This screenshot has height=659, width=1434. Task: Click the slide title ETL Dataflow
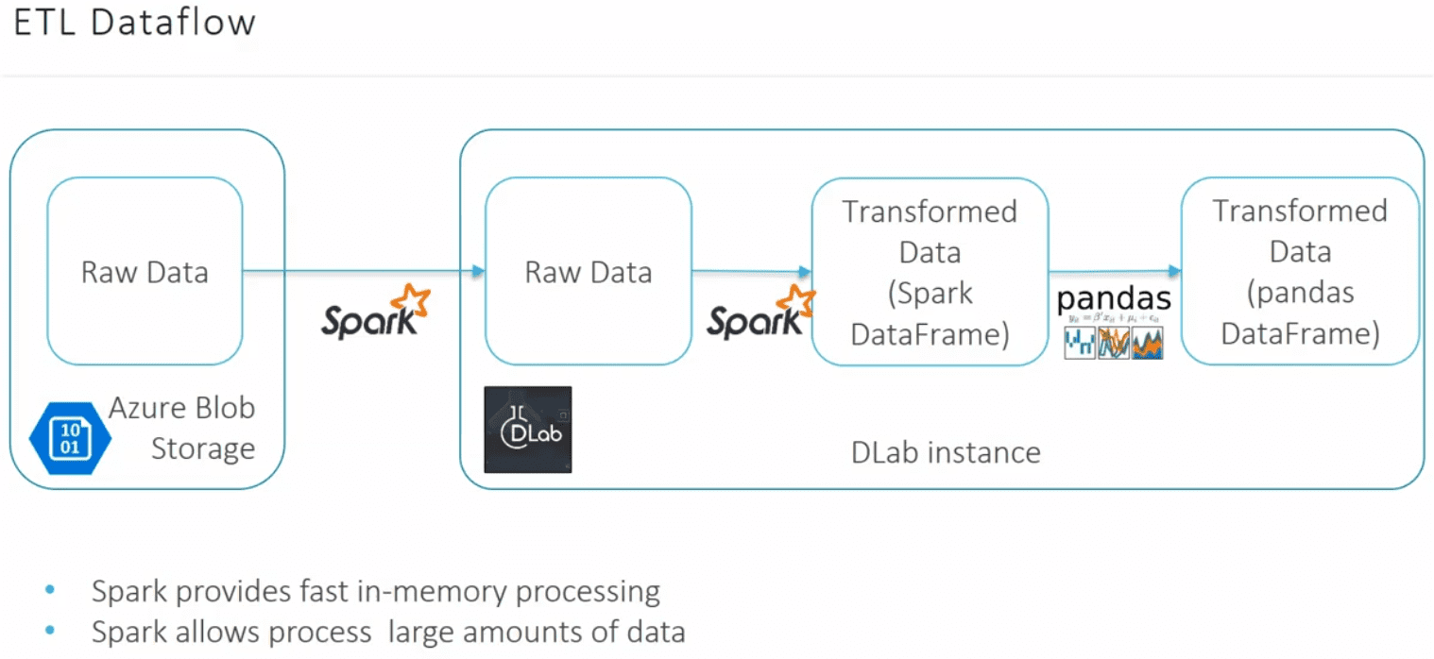click(x=134, y=23)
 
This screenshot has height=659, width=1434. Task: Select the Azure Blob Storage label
click(x=182, y=428)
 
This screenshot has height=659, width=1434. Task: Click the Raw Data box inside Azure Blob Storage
click(x=145, y=272)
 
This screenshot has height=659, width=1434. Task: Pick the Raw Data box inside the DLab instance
click(x=588, y=272)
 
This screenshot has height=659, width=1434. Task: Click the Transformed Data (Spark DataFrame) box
click(x=930, y=272)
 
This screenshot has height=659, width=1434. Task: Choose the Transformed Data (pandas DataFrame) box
click(x=1300, y=272)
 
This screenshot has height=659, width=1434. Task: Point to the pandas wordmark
click(x=1114, y=299)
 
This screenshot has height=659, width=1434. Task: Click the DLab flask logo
click(x=527, y=430)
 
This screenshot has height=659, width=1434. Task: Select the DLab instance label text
click(x=946, y=452)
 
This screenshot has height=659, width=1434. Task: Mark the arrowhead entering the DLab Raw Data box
click(x=479, y=272)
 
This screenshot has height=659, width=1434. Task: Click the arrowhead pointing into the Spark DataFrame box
click(x=806, y=272)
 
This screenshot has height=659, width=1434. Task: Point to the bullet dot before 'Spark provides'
click(x=49, y=592)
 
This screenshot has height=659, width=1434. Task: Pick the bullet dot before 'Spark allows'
click(x=49, y=631)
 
